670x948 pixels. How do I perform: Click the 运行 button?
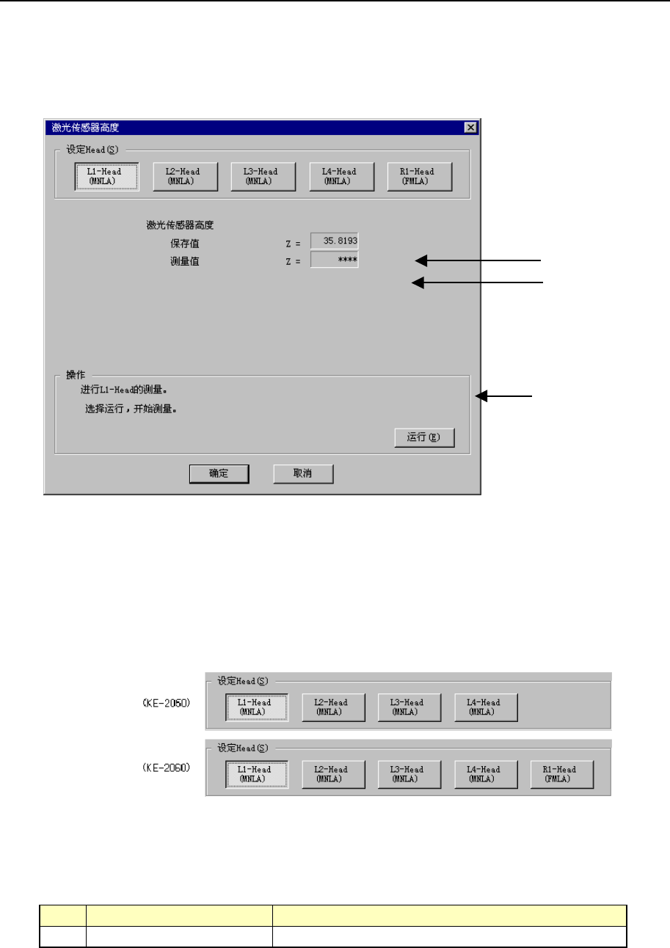(x=424, y=438)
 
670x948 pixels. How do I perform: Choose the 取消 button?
(x=303, y=474)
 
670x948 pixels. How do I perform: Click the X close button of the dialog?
(x=470, y=127)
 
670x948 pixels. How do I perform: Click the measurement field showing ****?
(x=335, y=260)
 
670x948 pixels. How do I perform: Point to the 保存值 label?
(x=184, y=243)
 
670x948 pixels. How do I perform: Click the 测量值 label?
(x=184, y=261)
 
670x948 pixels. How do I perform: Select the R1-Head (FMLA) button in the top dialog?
(x=420, y=176)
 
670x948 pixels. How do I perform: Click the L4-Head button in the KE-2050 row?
(x=486, y=707)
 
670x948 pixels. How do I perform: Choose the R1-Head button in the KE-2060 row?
(x=561, y=774)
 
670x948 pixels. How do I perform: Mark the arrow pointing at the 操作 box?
(x=506, y=396)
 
